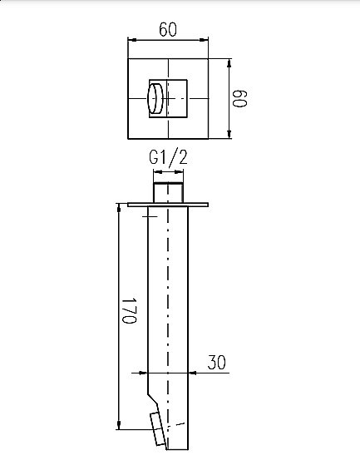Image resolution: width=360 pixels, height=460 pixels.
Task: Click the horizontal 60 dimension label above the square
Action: pyautogui.click(x=167, y=29)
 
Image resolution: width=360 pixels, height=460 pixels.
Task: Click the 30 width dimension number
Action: pyautogui.click(x=216, y=363)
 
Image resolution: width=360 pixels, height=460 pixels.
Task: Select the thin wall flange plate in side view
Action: pyautogui.click(x=168, y=203)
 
